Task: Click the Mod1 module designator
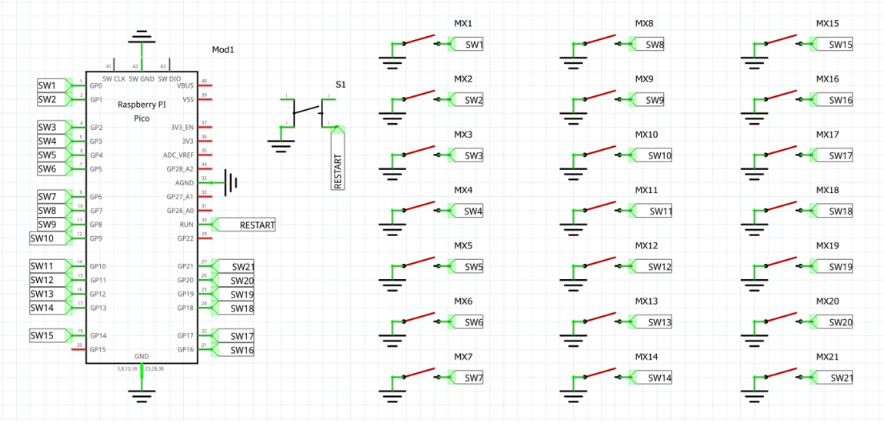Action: tap(222, 50)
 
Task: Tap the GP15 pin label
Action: tap(98, 350)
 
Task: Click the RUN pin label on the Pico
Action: tap(187, 225)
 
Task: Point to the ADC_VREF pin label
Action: tap(178, 155)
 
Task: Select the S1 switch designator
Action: tap(340, 85)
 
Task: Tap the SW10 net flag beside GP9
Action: tap(43, 238)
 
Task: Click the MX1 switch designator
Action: tap(463, 25)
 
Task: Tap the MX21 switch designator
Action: tap(827, 358)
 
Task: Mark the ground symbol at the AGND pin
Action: tap(232, 183)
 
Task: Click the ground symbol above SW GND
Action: tap(142, 38)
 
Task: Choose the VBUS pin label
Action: tap(185, 85)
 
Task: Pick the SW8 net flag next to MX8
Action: tap(654, 45)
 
